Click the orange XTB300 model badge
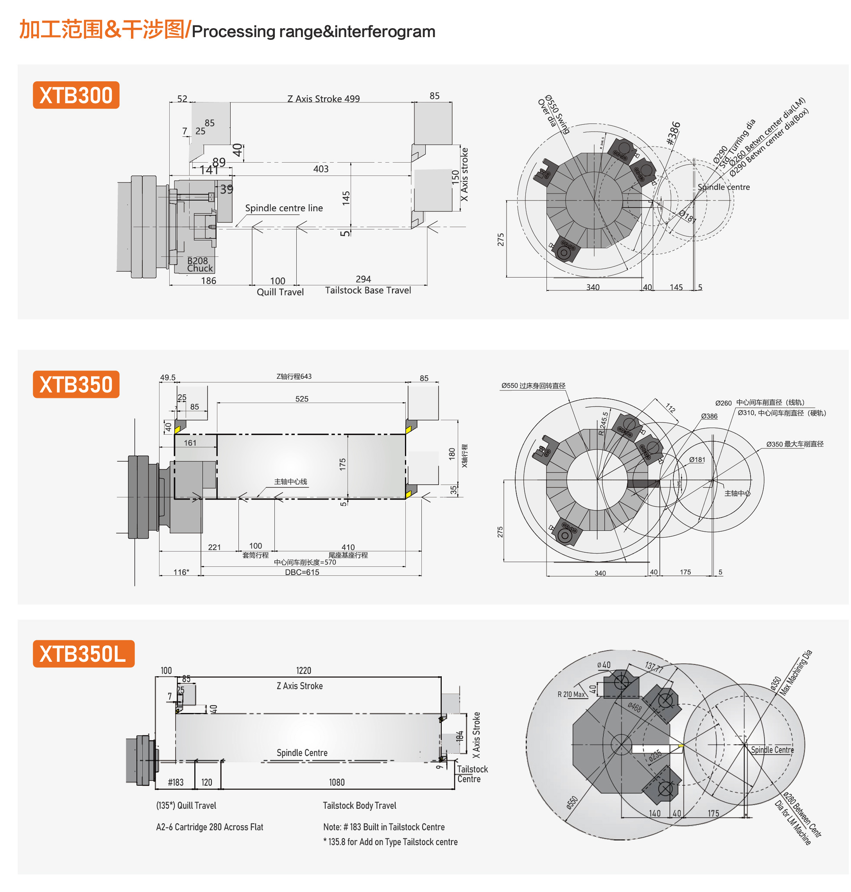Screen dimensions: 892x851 click(x=76, y=95)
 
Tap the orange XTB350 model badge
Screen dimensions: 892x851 click(x=76, y=385)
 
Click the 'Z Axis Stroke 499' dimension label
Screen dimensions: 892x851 click(x=323, y=99)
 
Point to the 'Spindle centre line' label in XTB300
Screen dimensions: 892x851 click(x=284, y=208)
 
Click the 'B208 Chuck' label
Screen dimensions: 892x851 click(x=199, y=264)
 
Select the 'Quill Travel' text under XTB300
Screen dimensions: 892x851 click(x=280, y=292)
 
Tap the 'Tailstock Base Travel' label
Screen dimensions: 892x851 click(x=368, y=290)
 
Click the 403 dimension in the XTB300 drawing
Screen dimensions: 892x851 click(x=321, y=169)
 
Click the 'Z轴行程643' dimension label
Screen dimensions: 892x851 click(x=294, y=376)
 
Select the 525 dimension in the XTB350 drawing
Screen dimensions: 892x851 click(x=302, y=399)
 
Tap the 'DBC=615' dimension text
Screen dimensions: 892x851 click(x=302, y=572)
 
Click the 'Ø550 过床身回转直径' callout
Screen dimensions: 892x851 click(x=534, y=386)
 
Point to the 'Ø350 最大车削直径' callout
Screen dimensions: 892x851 click(x=795, y=444)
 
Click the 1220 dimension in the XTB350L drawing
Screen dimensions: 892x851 click(x=303, y=671)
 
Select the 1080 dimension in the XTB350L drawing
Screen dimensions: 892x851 click(x=337, y=782)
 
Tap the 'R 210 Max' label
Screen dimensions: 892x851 click(x=571, y=694)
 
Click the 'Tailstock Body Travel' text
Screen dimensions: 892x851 click(x=359, y=805)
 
